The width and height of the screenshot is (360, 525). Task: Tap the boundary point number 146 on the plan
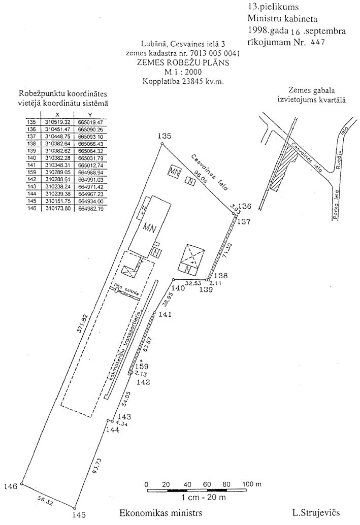[x=11, y=486]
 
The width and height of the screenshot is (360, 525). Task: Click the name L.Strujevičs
[x=316, y=513]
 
